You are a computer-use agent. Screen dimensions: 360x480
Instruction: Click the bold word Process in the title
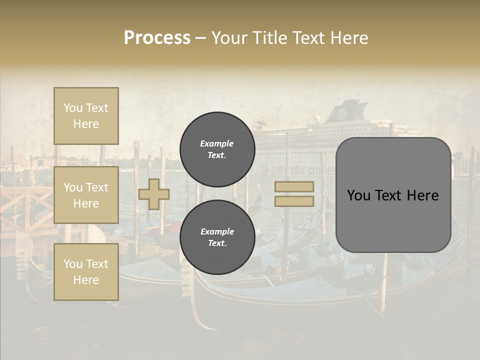tap(157, 37)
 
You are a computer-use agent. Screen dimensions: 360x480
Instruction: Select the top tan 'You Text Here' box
tap(86, 116)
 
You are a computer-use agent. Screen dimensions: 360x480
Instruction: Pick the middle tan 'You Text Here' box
tap(86, 195)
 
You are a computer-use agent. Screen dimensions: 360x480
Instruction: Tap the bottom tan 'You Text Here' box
tap(86, 272)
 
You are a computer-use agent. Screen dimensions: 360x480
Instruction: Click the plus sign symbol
tap(153, 194)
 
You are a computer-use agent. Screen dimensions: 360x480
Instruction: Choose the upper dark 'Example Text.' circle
tap(217, 149)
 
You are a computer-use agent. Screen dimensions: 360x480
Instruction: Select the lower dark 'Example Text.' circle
tap(217, 237)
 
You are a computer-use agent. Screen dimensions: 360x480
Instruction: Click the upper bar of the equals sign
tap(294, 186)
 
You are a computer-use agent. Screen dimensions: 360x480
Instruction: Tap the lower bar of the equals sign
tap(294, 201)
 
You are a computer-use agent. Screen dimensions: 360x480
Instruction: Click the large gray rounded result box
tap(393, 195)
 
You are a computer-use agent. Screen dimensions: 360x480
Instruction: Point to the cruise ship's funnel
tap(344, 110)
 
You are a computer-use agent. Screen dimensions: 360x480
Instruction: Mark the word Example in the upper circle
tap(216, 143)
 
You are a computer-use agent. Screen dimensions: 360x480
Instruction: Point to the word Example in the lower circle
tap(217, 231)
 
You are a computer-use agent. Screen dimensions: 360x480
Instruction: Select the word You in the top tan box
tap(73, 108)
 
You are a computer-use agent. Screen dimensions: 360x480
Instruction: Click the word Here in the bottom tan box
tap(86, 280)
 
